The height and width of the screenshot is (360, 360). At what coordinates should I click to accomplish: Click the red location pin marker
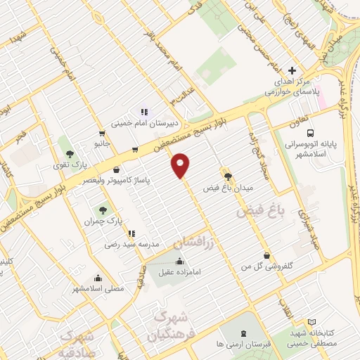coord(181,165)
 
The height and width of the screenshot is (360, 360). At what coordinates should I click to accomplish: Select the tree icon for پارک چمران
coord(103,210)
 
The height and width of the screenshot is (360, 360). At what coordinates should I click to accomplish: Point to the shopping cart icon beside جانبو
coord(103,134)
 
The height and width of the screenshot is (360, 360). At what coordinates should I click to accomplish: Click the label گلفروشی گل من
coord(266,268)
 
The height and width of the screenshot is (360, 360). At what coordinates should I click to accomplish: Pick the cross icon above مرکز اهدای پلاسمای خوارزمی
coord(292,71)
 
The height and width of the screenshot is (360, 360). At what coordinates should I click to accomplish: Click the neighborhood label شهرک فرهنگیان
coord(167,325)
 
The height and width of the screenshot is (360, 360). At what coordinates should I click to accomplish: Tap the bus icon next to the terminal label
coord(311,133)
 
